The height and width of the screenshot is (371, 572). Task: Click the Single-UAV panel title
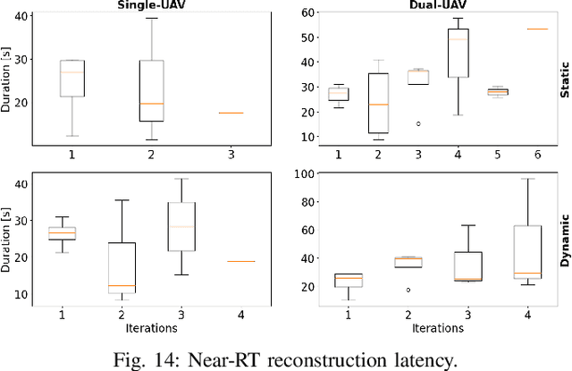pyautogui.click(x=146, y=4)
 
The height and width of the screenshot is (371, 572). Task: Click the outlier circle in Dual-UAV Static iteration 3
pyautogui.click(x=417, y=123)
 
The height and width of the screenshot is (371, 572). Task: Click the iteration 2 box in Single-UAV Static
pyautogui.click(x=151, y=90)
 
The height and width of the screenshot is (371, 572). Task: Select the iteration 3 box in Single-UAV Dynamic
pyautogui.click(x=181, y=226)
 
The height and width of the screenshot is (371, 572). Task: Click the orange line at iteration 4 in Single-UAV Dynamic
pyautogui.click(x=241, y=262)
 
